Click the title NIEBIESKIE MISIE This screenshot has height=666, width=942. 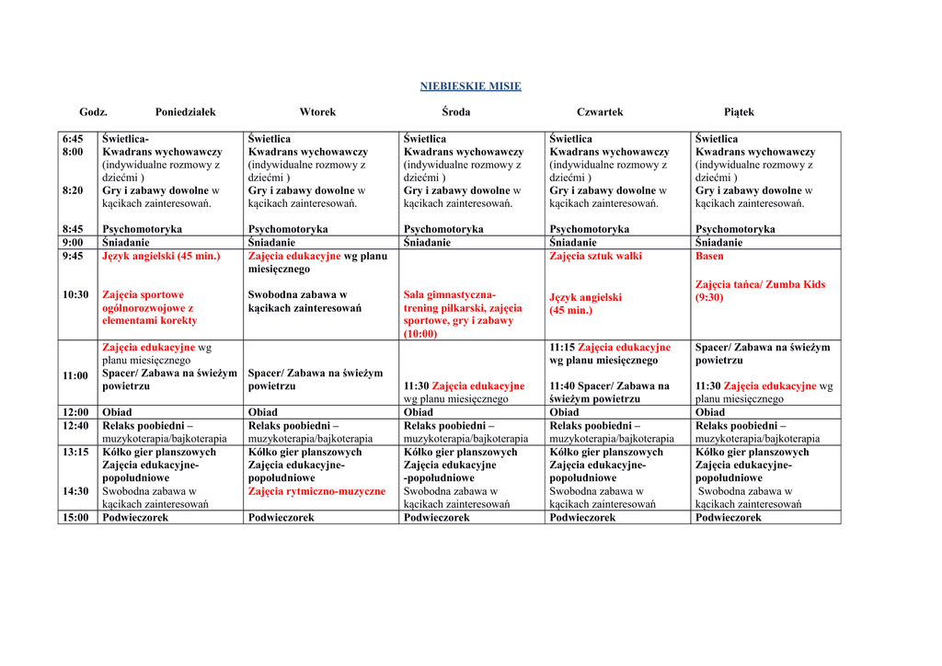[470, 86]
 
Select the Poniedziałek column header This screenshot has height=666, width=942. [185, 112]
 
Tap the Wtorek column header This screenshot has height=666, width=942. [317, 112]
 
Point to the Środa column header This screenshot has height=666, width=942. [455, 112]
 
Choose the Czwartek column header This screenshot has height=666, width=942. [600, 112]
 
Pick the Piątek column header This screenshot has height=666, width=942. [739, 112]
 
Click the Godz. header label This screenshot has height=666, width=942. [93, 112]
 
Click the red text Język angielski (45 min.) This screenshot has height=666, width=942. [161, 257]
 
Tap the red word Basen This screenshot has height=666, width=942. [709, 257]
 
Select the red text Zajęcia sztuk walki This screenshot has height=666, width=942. [595, 257]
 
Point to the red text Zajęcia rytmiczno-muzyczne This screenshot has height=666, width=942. [316, 491]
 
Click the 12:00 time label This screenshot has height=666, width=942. [75, 412]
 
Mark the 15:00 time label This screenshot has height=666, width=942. [75, 518]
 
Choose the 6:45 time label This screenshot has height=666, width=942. [73, 139]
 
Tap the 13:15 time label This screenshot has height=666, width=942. [75, 453]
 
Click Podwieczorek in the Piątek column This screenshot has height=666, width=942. [728, 518]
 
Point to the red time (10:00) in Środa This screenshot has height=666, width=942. [420, 334]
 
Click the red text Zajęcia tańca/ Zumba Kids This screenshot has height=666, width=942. [760, 284]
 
